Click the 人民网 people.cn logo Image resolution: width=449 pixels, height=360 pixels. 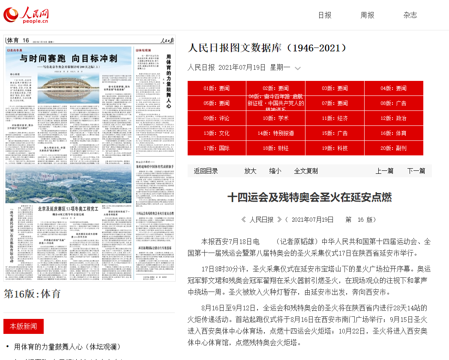[x=27, y=15]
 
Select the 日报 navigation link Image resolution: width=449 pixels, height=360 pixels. [x=325, y=15]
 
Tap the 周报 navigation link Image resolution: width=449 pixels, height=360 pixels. [x=367, y=15]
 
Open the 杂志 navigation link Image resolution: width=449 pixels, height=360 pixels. [x=410, y=15]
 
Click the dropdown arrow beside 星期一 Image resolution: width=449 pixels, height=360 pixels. [x=298, y=68]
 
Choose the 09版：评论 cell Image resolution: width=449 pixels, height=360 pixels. [x=216, y=118]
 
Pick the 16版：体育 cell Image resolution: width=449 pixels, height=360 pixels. [x=393, y=133]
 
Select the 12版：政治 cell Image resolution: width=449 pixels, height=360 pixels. [x=393, y=118]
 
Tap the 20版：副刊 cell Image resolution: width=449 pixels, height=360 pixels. [x=393, y=148]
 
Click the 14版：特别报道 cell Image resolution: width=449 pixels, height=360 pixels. [x=275, y=133]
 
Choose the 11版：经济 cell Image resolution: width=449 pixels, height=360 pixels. [x=335, y=118]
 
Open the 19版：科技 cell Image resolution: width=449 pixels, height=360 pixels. [x=335, y=148]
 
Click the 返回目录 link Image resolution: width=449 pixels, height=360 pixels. [x=206, y=171]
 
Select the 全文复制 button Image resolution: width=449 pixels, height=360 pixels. [x=306, y=171]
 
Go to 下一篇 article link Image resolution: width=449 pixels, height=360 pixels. [x=416, y=171]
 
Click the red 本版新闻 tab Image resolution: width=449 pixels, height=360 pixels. [x=24, y=326]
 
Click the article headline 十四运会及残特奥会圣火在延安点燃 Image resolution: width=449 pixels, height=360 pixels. [x=309, y=197]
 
